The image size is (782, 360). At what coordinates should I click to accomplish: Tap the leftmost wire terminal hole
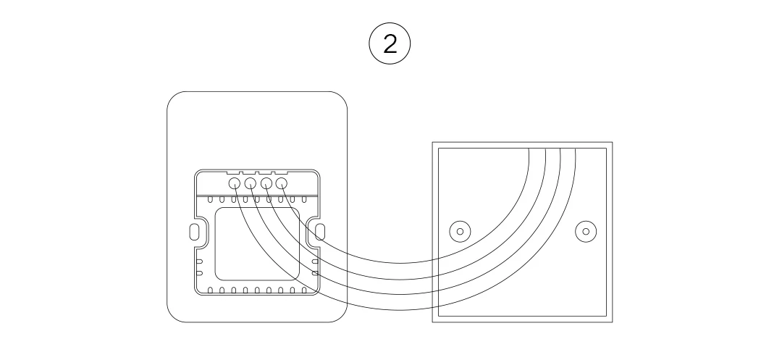tap(235, 183)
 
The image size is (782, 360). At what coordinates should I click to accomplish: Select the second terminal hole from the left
tap(251, 183)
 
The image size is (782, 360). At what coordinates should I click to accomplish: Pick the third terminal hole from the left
tap(266, 183)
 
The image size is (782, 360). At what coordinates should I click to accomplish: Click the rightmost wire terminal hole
tap(281, 183)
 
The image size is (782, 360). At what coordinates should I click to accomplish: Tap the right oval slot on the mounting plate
tap(321, 232)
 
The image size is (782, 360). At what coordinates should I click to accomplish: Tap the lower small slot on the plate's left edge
tap(200, 274)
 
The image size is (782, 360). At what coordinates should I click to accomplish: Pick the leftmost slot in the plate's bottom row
tap(210, 291)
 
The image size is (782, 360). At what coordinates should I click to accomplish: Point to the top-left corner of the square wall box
tap(433, 143)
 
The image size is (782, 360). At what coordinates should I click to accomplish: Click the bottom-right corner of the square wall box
tap(613, 322)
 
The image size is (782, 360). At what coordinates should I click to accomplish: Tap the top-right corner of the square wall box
tap(613, 143)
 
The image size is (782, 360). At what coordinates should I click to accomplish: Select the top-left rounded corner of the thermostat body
tap(173, 97)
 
